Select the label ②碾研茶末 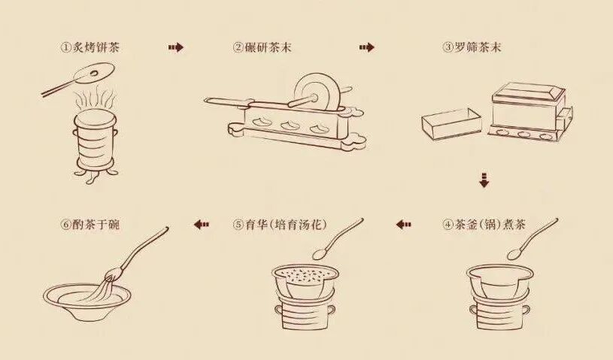click(263, 47)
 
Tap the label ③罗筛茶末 click(472, 47)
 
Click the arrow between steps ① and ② click(175, 47)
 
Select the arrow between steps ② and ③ click(366, 47)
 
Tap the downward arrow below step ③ click(484, 180)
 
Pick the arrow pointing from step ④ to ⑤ click(404, 224)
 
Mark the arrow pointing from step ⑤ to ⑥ click(201, 224)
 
